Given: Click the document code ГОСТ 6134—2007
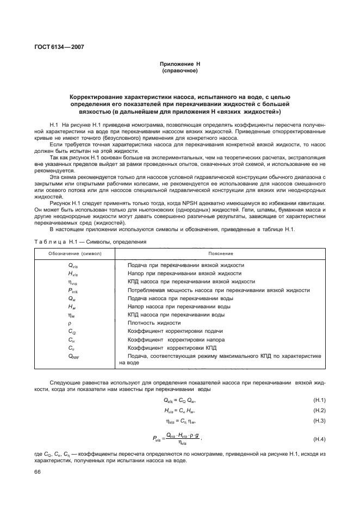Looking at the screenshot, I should click(56, 47).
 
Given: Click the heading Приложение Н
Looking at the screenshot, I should click(179, 65).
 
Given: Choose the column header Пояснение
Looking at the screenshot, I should click(220, 253).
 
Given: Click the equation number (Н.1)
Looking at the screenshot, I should click(319, 400).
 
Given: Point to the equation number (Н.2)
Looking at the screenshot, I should click(319, 410).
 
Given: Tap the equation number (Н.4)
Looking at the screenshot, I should click(319, 439).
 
